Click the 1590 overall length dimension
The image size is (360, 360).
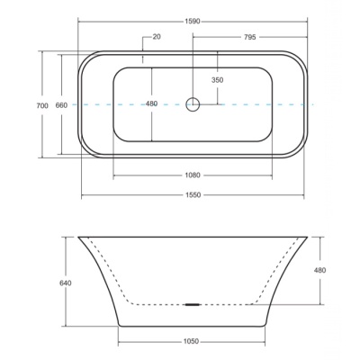[x=193, y=22]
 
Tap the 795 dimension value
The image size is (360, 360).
[x=249, y=37]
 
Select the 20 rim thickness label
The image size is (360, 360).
[x=157, y=37]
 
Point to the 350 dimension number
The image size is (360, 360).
[x=218, y=80]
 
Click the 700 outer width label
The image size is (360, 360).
[x=42, y=105]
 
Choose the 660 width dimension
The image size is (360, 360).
[x=61, y=105]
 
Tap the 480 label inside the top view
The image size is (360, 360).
[x=151, y=103]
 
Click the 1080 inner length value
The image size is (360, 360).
[x=193, y=175]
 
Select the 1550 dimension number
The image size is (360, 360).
[x=193, y=195]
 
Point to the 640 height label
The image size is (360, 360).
[x=66, y=283]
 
